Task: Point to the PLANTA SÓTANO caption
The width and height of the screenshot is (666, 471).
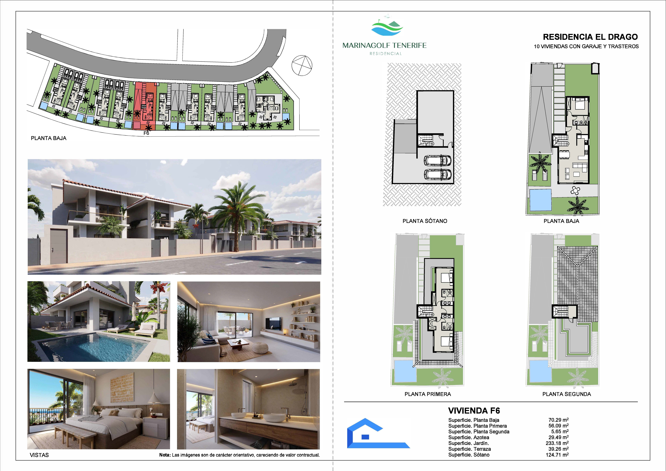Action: [425, 221]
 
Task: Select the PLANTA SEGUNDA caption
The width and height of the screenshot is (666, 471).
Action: [567, 394]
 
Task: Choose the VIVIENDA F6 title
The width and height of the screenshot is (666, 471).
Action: [474, 411]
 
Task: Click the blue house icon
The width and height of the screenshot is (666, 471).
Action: [378, 433]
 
